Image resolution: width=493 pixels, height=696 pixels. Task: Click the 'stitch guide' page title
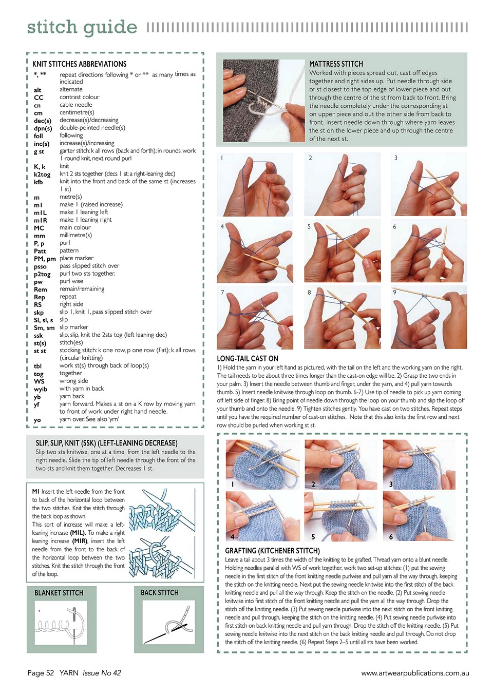(82, 27)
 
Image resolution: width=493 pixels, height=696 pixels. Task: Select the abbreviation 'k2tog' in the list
(42, 175)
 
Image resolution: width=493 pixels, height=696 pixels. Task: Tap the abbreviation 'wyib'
(41, 389)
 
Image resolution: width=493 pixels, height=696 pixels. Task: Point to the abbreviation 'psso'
(40, 266)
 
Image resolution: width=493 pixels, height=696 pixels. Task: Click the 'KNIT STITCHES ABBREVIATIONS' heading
(79, 64)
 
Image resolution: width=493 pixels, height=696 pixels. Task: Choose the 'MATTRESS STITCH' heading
(336, 64)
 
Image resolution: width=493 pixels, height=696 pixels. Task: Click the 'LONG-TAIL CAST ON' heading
(248, 359)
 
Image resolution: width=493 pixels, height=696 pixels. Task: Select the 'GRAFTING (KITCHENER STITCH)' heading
(272, 551)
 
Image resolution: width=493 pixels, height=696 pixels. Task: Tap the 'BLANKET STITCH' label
(59, 593)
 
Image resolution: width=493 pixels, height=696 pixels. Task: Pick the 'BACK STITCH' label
(160, 592)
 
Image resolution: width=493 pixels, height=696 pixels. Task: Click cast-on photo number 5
(342, 251)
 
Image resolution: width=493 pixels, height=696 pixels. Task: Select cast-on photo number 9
(429, 317)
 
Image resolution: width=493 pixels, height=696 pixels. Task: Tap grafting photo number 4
(262, 516)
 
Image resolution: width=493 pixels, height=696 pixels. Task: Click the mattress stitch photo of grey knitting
(263, 101)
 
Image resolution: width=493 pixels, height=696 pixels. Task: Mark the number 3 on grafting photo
(391, 484)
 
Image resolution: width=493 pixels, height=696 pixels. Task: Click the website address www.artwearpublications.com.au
(415, 673)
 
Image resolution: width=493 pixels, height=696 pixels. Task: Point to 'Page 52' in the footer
(41, 673)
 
